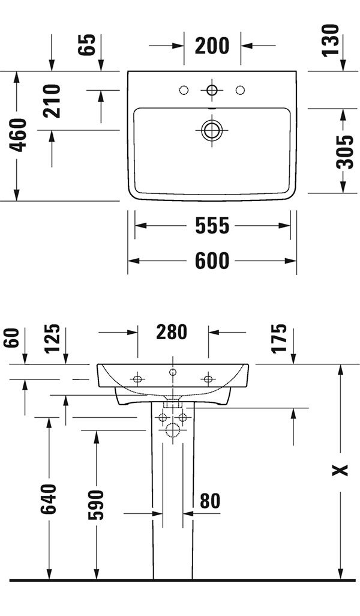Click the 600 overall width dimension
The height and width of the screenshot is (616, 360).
212,261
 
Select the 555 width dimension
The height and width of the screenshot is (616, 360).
212,226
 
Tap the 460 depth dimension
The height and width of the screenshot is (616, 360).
19,134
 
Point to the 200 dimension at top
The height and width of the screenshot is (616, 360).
212,46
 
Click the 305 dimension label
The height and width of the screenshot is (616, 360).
345,151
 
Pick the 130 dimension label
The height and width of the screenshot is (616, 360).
330,40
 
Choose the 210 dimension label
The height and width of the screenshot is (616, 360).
52,101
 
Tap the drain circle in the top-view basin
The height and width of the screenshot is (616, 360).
212,130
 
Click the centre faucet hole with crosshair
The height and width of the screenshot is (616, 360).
212,90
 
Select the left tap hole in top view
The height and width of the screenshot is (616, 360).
184,90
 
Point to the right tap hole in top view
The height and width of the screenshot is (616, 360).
240,90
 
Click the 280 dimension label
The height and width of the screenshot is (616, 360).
172,332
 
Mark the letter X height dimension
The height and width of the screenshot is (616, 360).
340,470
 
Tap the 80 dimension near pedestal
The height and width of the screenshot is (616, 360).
211,501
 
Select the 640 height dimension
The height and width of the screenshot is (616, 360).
49,499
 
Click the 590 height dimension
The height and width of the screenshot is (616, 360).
95,505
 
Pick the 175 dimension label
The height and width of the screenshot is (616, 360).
279,339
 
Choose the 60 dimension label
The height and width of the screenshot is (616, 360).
11,338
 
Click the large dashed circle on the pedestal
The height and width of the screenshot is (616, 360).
173,430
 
